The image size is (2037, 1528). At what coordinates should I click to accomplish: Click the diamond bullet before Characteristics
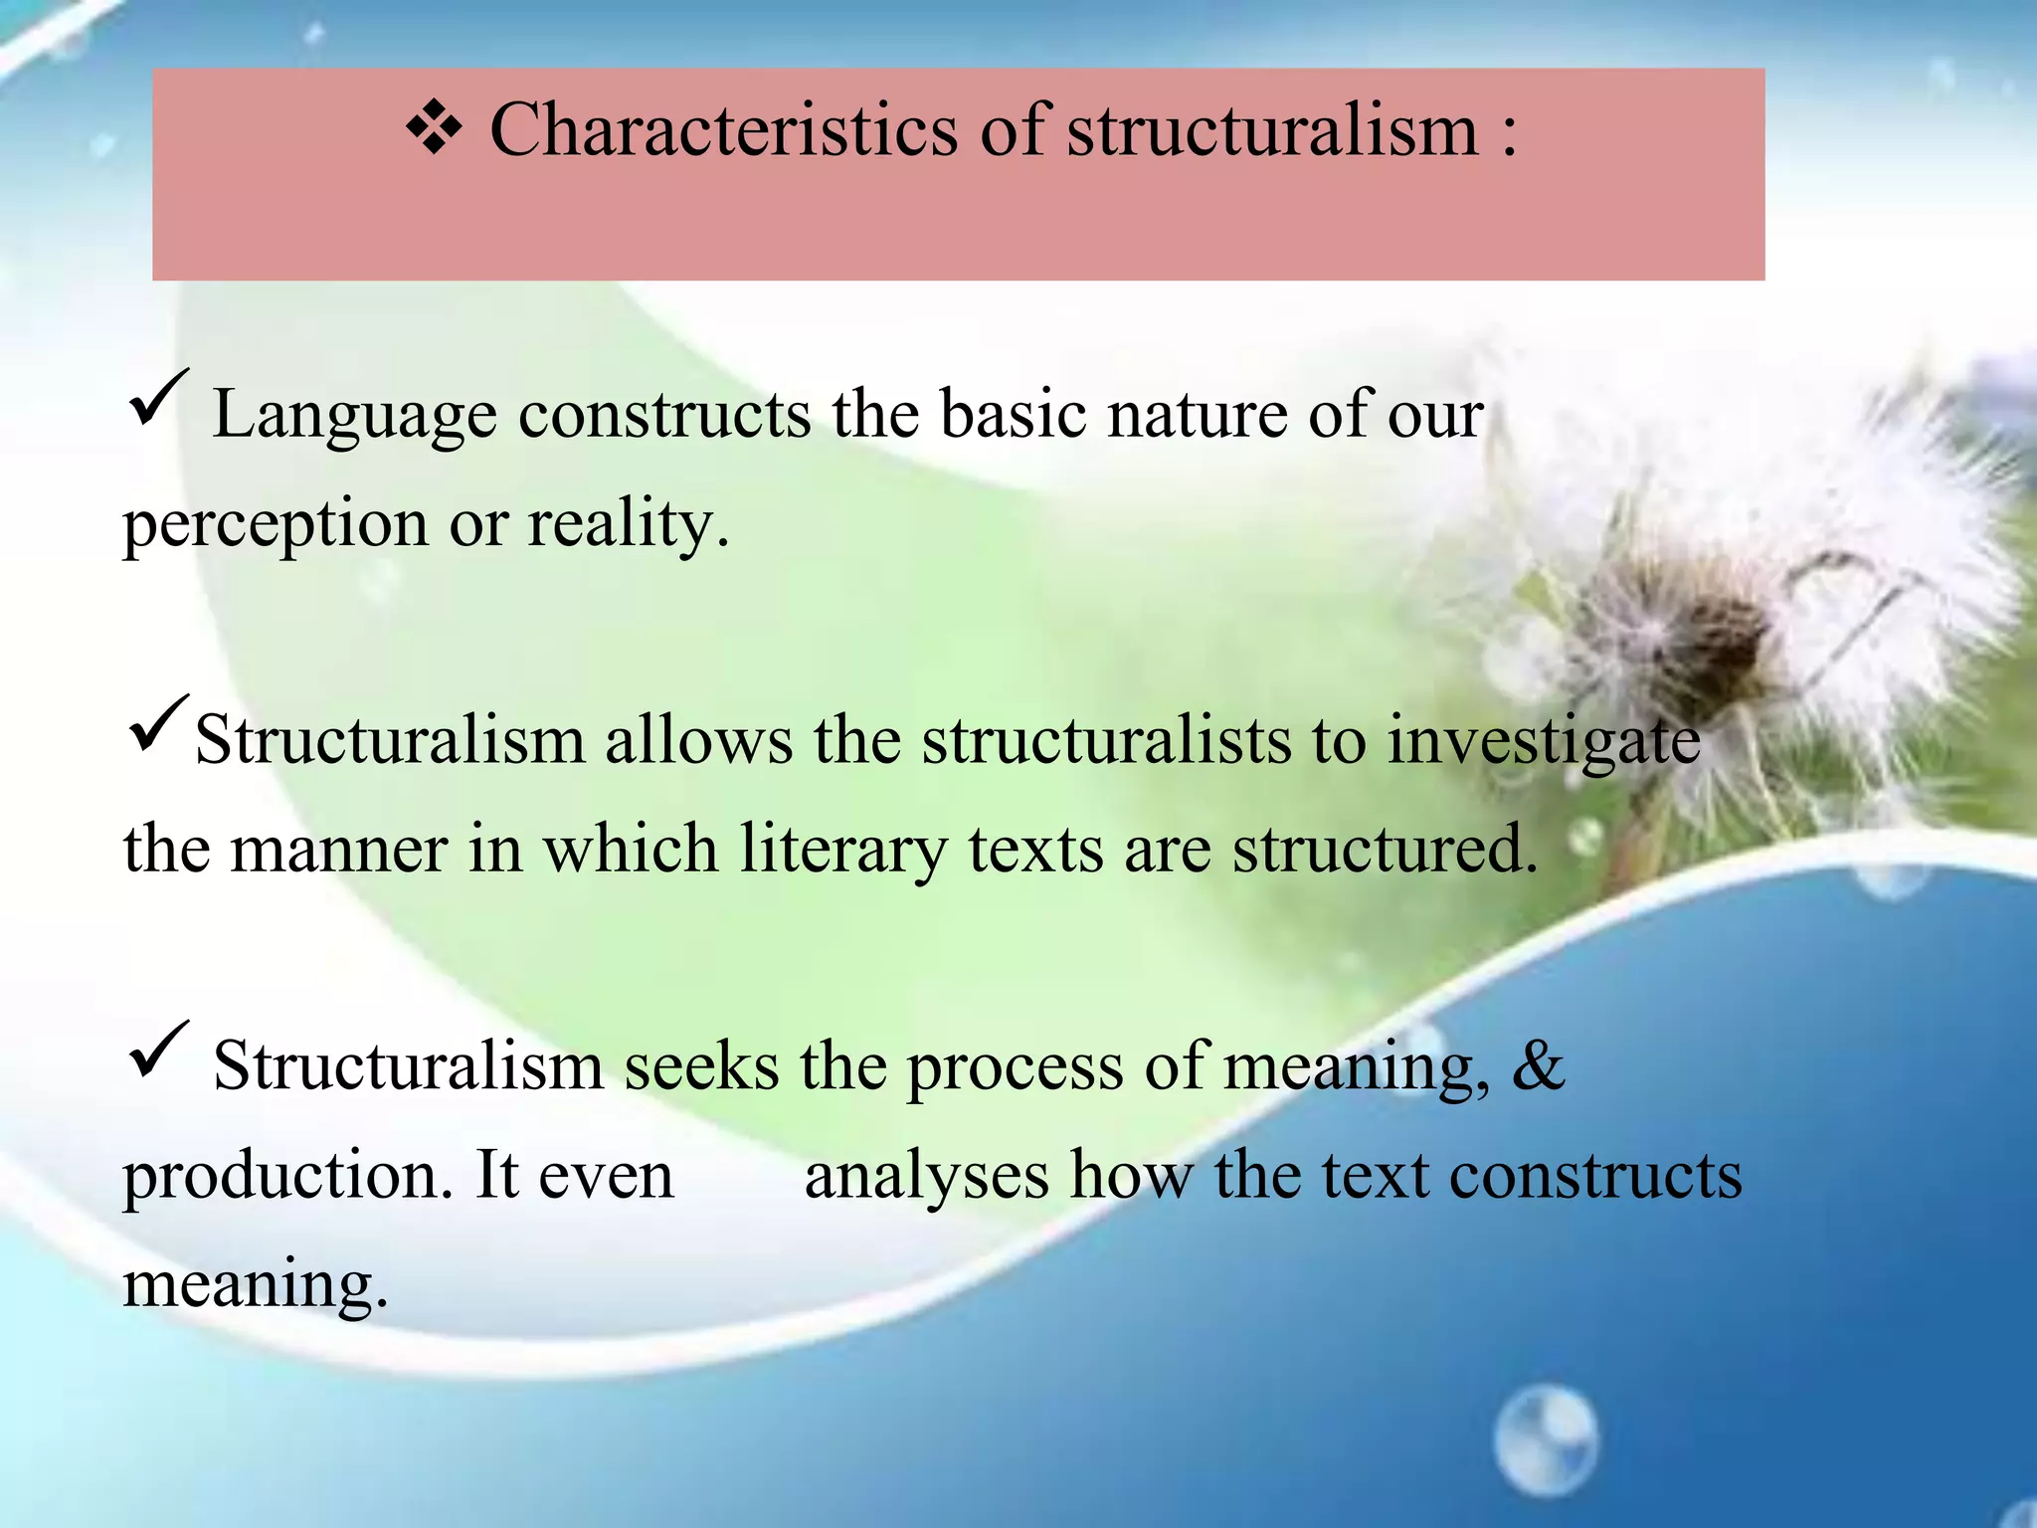pos(435,130)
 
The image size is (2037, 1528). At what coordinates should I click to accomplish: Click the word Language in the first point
pos(354,416)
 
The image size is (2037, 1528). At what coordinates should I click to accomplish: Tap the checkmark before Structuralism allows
pos(157,725)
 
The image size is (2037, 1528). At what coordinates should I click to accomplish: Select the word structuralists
pos(1105,741)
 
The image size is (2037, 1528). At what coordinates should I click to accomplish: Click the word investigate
pos(1544,743)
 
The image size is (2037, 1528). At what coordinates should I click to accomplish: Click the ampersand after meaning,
pos(1539,1066)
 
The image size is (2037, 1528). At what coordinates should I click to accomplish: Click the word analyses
pos(926,1177)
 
